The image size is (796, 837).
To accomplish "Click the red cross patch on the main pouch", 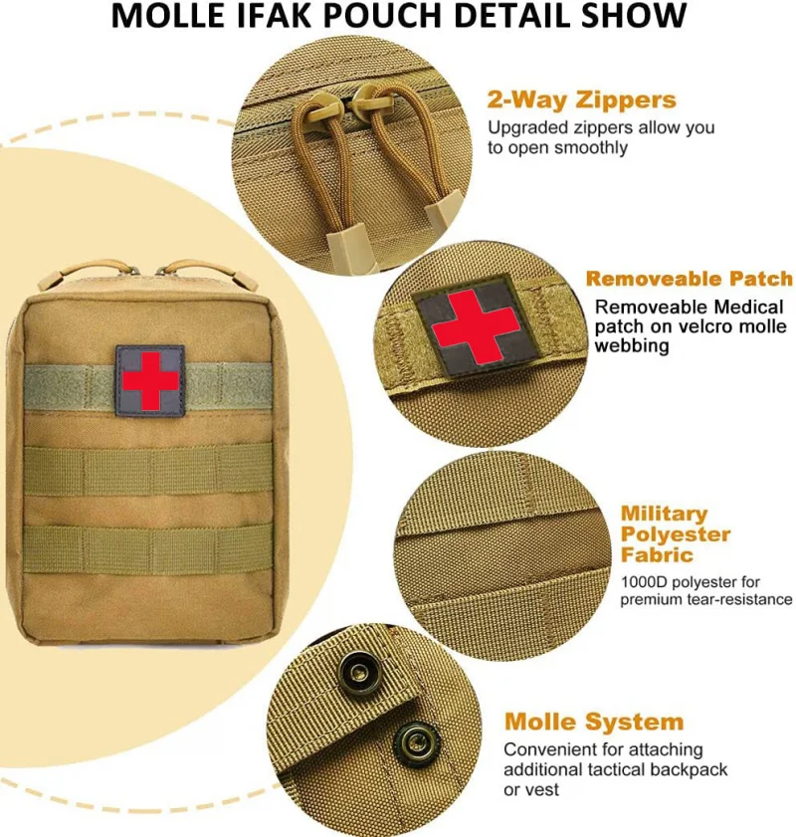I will (x=149, y=378).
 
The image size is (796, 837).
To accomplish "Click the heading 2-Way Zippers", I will (x=581, y=100).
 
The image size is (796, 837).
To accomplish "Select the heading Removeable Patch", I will (x=689, y=279).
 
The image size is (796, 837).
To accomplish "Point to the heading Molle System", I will (x=594, y=722).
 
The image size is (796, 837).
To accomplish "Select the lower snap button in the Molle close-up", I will (x=410, y=740).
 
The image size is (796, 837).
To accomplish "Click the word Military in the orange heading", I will (x=664, y=514).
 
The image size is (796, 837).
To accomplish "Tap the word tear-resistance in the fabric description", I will (x=737, y=599).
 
